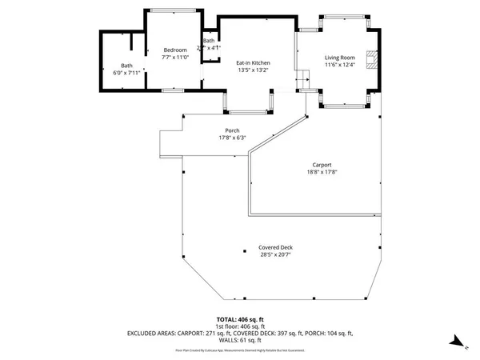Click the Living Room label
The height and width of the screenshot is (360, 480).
[x=339, y=58]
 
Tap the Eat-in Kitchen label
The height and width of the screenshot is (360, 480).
[x=252, y=62]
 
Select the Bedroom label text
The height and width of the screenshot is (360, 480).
[x=175, y=50]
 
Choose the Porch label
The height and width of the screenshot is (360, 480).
[x=232, y=130]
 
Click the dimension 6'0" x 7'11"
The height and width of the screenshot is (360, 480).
[x=127, y=73]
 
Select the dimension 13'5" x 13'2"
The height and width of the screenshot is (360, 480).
[x=252, y=70]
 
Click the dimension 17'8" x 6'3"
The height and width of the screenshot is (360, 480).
[x=232, y=138]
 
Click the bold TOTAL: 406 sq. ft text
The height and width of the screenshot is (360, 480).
[x=239, y=320]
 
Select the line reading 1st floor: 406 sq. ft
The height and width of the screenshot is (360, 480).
[x=239, y=326]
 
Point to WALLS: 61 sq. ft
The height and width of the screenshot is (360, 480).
[x=239, y=339]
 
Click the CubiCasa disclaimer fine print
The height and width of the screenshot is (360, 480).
[x=239, y=350]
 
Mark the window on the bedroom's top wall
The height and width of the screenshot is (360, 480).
[x=173, y=10]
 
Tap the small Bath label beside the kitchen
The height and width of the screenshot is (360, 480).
[x=209, y=41]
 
